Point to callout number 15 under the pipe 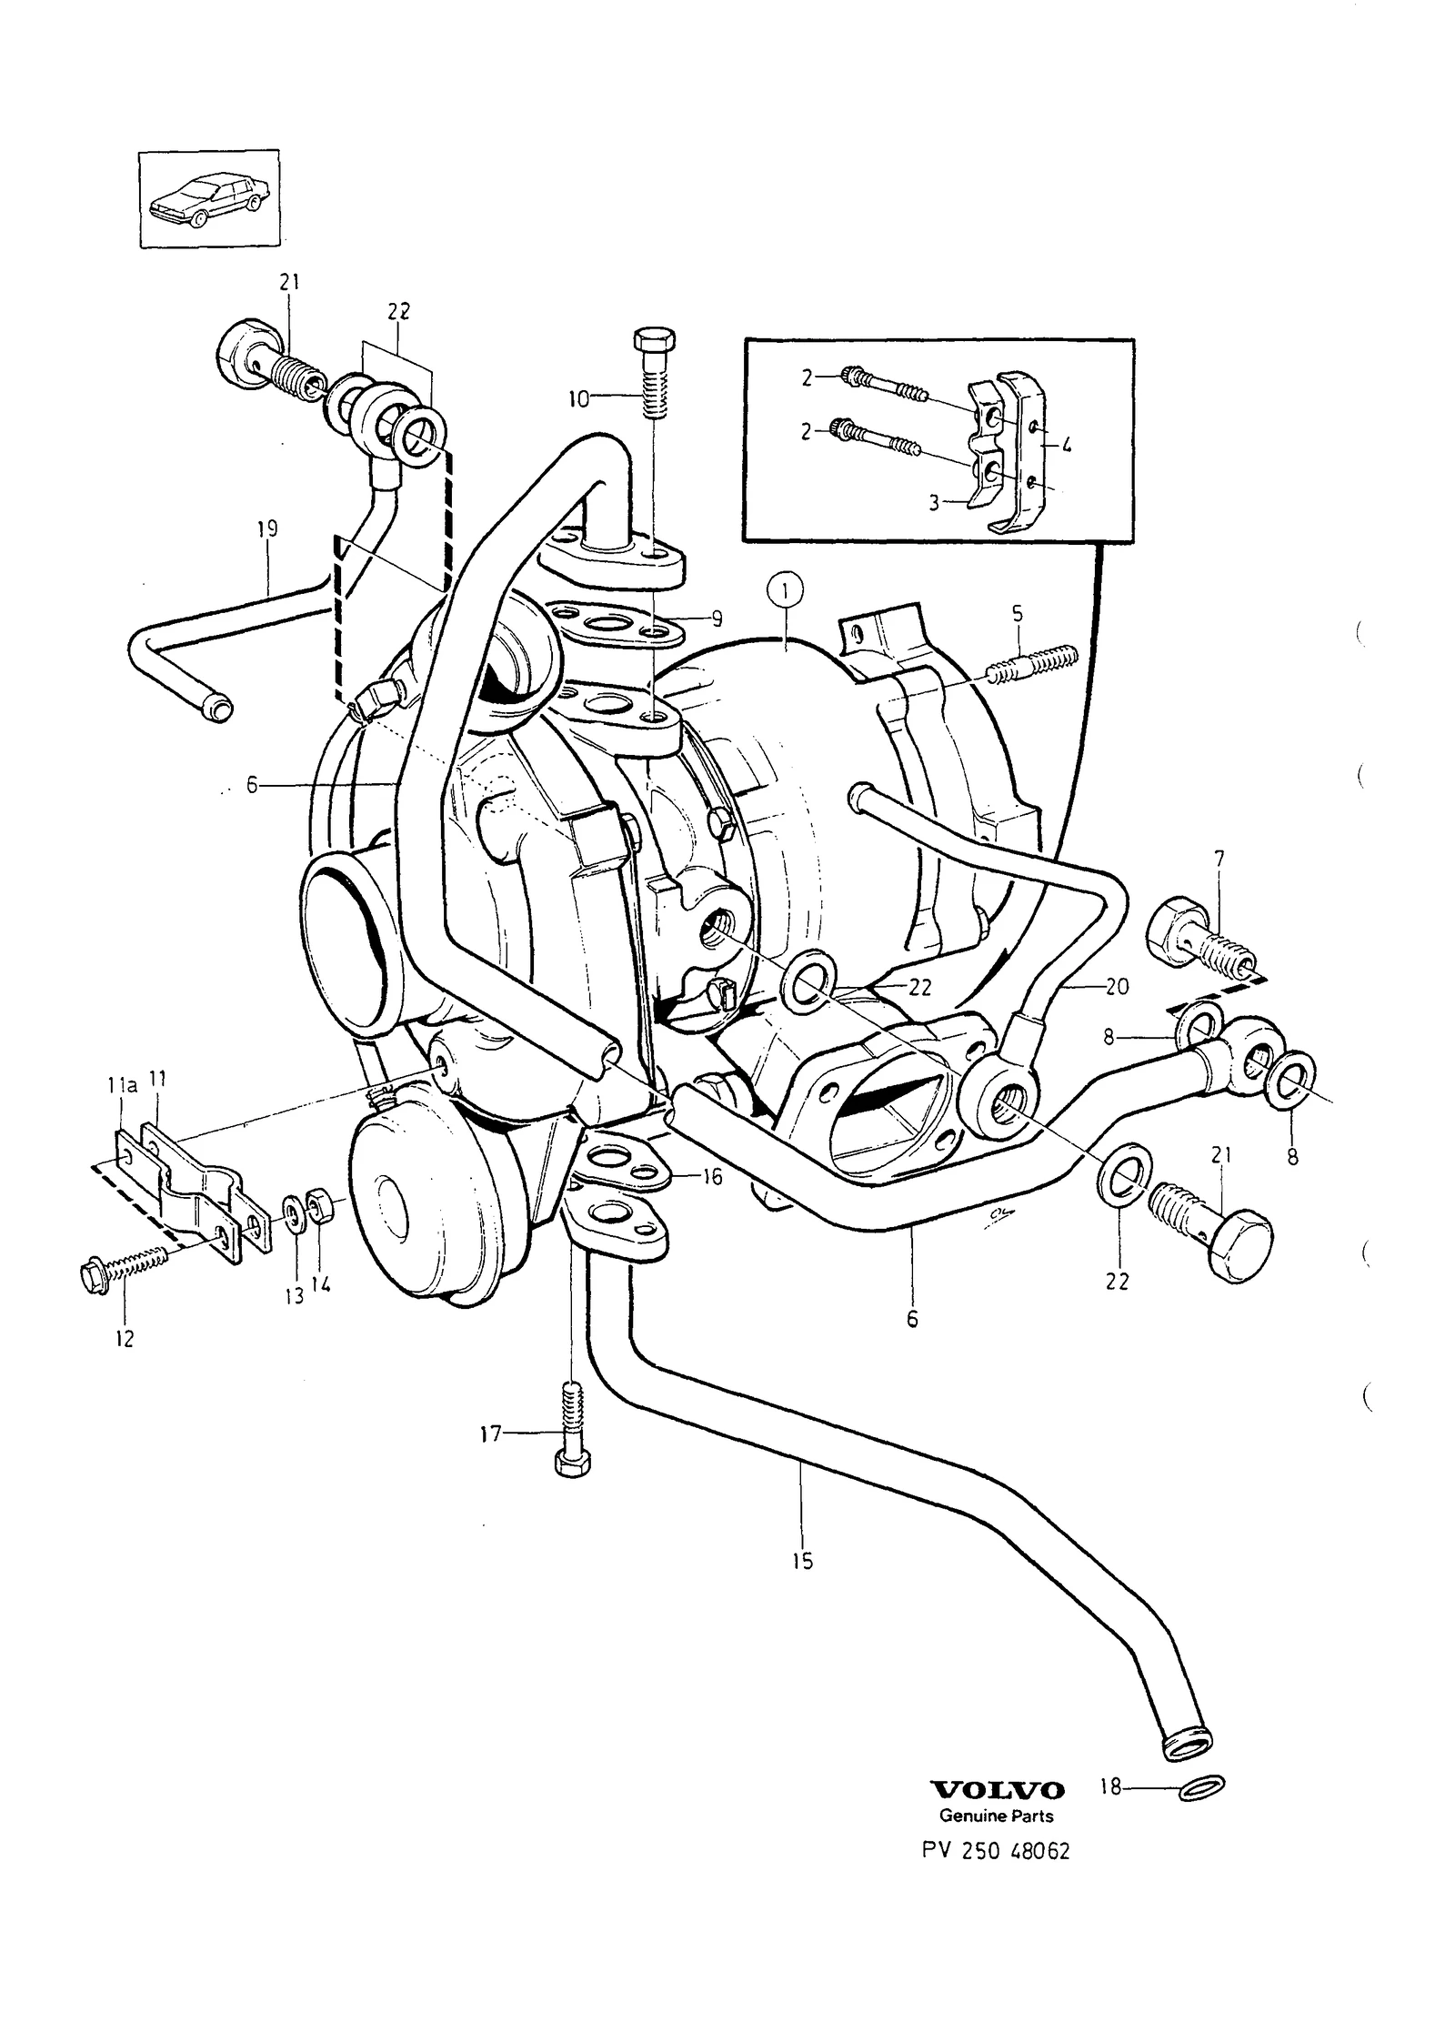pyautogui.click(x=802, y=1562)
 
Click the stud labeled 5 pyautogui.click(x=1031, y=668)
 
